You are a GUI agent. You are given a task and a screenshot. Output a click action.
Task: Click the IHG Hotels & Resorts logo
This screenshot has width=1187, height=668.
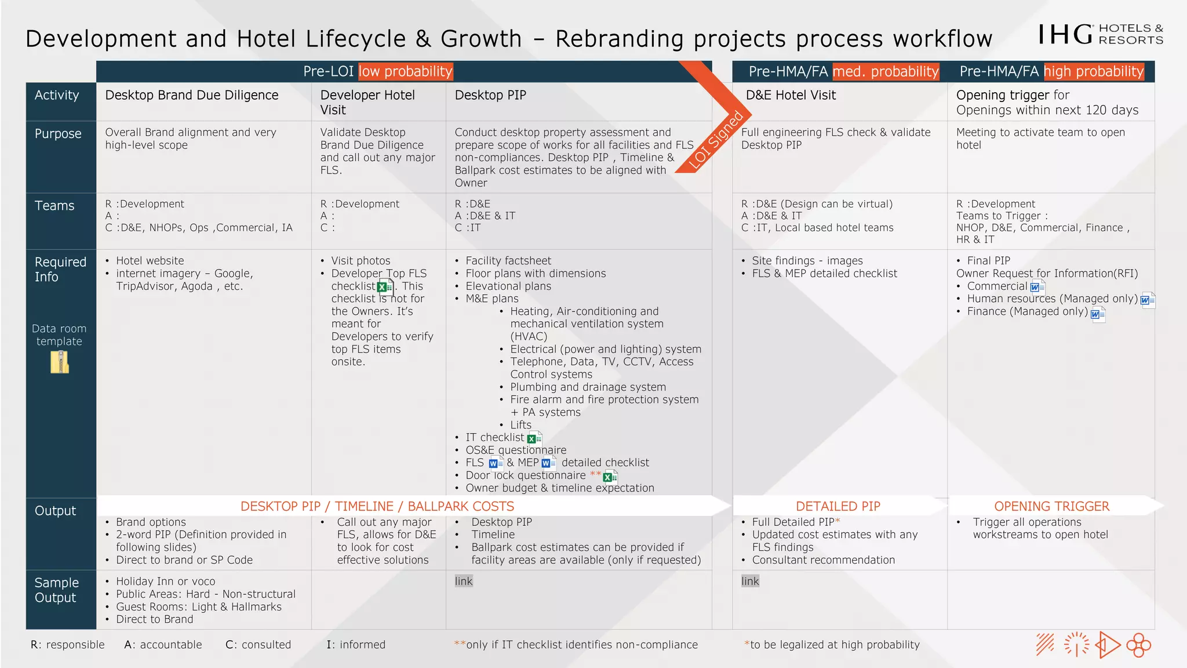tap(1100, 35)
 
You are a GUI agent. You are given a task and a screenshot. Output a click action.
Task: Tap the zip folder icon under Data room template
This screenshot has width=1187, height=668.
tap(60, 362)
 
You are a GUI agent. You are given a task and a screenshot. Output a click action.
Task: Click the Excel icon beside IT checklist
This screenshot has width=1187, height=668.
tap(534, 438)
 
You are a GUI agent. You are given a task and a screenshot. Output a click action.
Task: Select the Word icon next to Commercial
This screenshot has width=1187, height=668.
tap(1037, 286)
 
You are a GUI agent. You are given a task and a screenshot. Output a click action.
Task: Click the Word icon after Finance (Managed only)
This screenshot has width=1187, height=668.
tap(1097, 314)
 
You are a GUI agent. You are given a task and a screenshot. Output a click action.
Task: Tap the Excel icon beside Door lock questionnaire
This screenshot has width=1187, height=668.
tap(610, 477)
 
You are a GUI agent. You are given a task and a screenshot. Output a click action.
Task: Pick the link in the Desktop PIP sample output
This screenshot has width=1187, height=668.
tap(464, 581)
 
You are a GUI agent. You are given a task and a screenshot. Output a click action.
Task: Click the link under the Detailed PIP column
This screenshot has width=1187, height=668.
tap(750, 581)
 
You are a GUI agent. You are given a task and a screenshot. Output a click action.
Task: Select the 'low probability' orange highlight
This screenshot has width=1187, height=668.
tap(405, 71)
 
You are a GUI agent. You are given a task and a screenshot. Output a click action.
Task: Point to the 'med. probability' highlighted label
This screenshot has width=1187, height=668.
tap(885, 71)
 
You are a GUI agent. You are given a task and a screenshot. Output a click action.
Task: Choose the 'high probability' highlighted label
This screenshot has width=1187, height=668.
tap(1094, 71)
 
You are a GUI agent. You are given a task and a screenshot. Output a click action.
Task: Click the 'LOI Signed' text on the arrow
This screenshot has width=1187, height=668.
tap(716, 140)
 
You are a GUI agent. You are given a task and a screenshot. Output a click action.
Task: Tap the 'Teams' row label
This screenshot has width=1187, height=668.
tap(54, 206)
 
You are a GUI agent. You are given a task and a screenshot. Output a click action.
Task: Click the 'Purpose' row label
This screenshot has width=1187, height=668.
tap(58, 133)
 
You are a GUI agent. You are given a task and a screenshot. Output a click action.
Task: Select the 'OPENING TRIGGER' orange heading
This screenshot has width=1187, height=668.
tap(1051, 506)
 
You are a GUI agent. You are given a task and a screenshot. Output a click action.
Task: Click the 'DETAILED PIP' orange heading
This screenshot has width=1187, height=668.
tap(838, 506)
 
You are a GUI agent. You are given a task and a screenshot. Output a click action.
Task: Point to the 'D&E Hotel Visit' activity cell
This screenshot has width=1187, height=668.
tap(791, 95)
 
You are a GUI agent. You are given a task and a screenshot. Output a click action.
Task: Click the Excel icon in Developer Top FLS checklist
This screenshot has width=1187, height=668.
tap(385, 286)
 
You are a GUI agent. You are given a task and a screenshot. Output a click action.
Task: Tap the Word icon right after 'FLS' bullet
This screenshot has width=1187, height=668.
tap(496, 463)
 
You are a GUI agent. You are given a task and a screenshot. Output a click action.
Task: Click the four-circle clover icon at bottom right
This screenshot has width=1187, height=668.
tap(1138, 645)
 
